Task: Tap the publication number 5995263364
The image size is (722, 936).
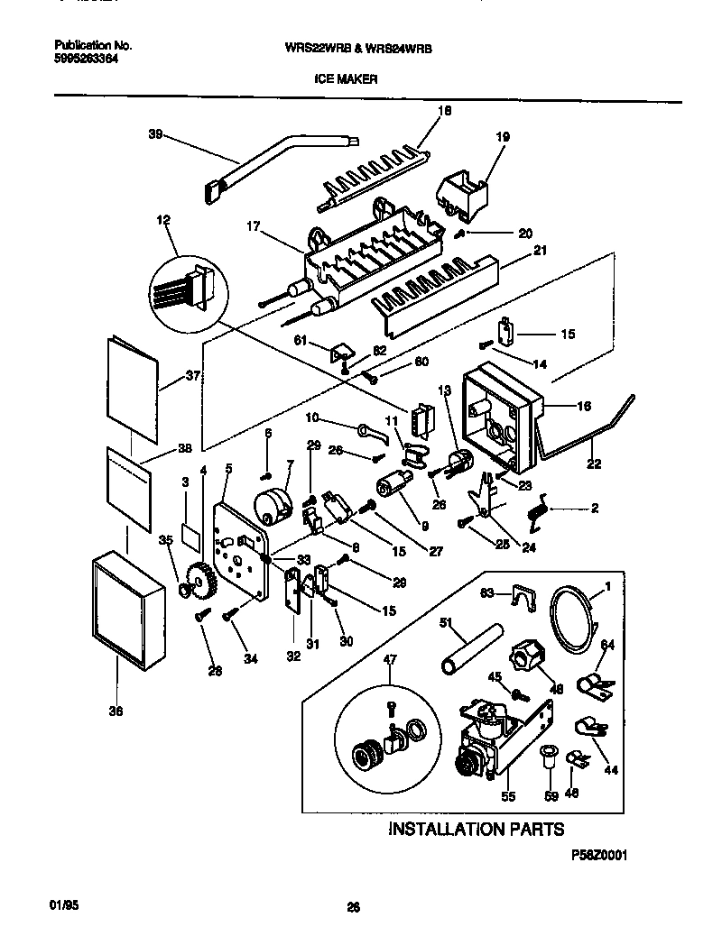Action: coord(86,58)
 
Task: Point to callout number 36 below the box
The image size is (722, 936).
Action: coord(115,711)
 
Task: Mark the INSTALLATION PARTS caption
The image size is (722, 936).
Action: coord(476,828)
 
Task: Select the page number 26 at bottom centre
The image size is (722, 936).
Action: coord(354,909)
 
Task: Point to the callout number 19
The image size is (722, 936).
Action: coord(503,137)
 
